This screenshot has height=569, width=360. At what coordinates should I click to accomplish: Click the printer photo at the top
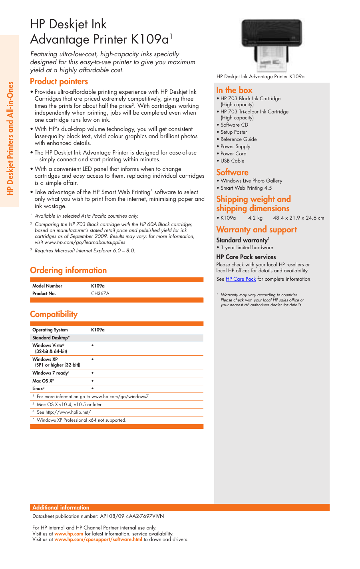[271, 45]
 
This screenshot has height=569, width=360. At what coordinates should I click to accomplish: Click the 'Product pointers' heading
[59, 81]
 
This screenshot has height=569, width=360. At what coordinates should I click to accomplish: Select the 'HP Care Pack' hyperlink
[241, 279]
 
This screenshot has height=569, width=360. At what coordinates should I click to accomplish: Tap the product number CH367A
[100, 293]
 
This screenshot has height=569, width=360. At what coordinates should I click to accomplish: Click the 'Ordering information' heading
[68, 270]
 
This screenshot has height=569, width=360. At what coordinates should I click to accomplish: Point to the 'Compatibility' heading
[54, 314]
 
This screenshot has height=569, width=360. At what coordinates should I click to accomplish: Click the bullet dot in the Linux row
[92, 388]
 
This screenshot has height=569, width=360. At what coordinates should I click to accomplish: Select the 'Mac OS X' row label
[43, 381]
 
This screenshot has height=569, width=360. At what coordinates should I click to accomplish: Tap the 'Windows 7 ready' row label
[50, 373]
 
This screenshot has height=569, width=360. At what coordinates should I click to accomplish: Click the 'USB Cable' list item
[232, 161]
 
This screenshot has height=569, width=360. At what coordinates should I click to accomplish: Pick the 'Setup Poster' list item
[234, 132]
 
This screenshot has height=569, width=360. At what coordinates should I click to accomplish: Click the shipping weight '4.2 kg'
[255, 218]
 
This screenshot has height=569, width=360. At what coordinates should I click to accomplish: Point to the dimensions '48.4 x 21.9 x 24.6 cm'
[298, 218]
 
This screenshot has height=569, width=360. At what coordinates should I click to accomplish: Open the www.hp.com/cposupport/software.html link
[98, 539]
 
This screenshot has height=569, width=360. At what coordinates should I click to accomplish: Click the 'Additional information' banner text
[61, 508]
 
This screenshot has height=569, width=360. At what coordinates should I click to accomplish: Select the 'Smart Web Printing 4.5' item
[246, 188]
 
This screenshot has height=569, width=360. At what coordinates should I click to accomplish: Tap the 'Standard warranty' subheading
[242, 240]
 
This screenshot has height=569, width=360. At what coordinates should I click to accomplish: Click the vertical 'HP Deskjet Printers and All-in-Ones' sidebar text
[10, 138]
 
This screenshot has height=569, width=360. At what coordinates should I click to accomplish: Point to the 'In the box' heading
[234, 90]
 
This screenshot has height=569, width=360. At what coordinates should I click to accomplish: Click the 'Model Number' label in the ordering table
[47, 286]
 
